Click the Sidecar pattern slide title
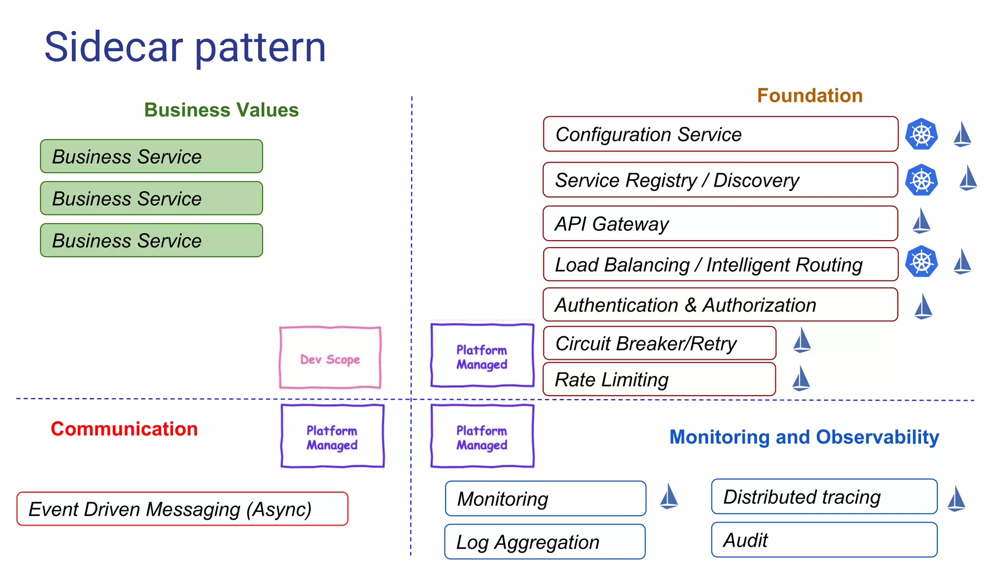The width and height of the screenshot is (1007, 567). point(185,47)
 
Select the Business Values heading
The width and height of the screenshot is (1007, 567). point(221,110)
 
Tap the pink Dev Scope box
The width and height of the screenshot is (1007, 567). point(330,358)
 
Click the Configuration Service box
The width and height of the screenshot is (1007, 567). point(720,134)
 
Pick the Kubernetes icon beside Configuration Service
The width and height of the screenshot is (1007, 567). point(921,134)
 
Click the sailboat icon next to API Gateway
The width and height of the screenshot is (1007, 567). point(921,221)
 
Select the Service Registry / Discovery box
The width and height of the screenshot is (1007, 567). point(720,180)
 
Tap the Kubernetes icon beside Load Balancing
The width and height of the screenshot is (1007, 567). point(921,261)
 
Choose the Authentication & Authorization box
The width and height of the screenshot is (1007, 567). point(720,305)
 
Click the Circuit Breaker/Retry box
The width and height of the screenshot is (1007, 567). point(659,343)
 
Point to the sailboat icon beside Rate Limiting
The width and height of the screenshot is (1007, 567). point(801,378)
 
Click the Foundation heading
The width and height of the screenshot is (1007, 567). point(810,95)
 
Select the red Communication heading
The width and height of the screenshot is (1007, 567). point(124,429)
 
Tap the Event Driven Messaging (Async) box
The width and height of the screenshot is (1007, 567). point(182,509)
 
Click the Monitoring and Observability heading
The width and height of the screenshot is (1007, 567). point(804,437)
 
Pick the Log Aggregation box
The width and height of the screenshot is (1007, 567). point(545,541)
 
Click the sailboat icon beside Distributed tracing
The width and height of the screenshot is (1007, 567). point(956,499)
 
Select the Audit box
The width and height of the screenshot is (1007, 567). point(824,540)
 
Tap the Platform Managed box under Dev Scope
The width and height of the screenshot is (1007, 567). point(332,436)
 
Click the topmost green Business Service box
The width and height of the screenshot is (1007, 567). point(151,157)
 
